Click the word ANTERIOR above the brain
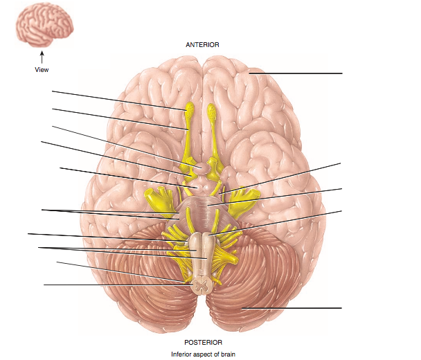[202, 44]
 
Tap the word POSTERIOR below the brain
[202, 342]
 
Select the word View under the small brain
[42, 69]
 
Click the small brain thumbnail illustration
[42, 26]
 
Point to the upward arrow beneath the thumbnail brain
[42, 56]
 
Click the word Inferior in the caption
[183, 354]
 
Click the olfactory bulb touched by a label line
[189, 109]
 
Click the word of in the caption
[223, 354]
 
